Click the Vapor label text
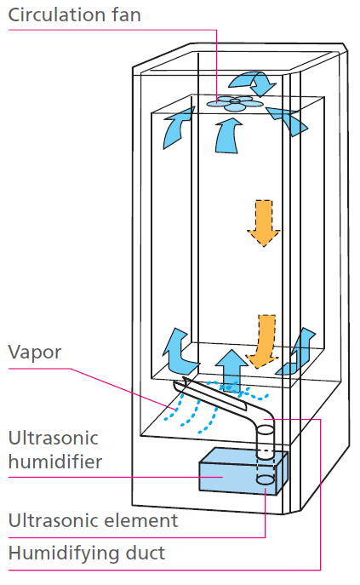pos(35,353)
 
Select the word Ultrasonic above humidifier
pos(53,439)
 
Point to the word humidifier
pos(54,462)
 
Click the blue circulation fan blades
pos(235,103)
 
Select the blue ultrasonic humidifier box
pos(243,472)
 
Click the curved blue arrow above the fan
pos(253,83)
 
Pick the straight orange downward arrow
pos(264,223)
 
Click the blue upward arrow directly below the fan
pos(227,135)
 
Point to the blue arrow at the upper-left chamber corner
pos(177,128)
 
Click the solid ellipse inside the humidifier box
pos(266,479)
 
